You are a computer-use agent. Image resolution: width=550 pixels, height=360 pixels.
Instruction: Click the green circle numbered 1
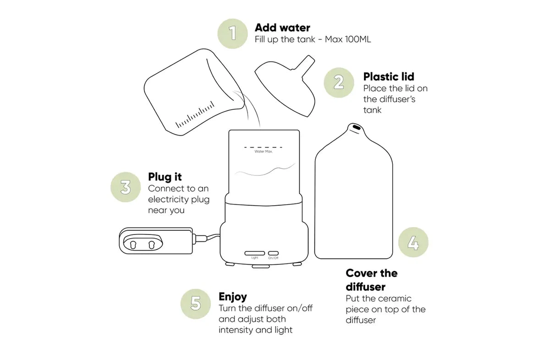[232, 33]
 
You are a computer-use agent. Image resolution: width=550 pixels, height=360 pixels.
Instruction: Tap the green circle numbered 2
[339, 83]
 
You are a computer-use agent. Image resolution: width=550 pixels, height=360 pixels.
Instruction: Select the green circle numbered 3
[126, 187]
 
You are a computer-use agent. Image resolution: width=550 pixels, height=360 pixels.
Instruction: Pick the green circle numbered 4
[413, 242]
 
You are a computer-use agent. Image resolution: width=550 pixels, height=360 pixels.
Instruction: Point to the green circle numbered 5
[196, 304]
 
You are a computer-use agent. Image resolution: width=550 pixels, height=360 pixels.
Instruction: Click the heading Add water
[282, 28]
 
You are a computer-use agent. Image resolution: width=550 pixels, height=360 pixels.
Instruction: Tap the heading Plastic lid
[389, 76]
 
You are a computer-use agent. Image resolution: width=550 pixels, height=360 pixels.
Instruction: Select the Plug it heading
[165, 177]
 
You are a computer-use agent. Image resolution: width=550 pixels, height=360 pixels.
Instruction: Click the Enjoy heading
[233, 297]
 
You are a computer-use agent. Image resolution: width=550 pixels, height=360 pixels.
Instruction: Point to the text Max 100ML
[348, 39]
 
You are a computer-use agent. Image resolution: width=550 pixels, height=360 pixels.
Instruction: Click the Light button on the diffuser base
[255, 253]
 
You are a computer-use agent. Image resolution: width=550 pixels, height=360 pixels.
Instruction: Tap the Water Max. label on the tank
[264, 152]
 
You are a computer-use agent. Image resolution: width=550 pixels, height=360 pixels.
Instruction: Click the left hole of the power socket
[133, 245]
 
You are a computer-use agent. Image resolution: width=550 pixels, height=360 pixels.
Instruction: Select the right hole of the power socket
[152, 245]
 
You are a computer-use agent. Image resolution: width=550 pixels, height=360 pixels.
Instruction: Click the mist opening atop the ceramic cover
[357, 127]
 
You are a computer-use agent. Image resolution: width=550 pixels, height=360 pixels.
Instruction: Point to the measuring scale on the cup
[195, 115]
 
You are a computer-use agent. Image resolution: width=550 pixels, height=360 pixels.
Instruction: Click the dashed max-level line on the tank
[263, 147]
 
